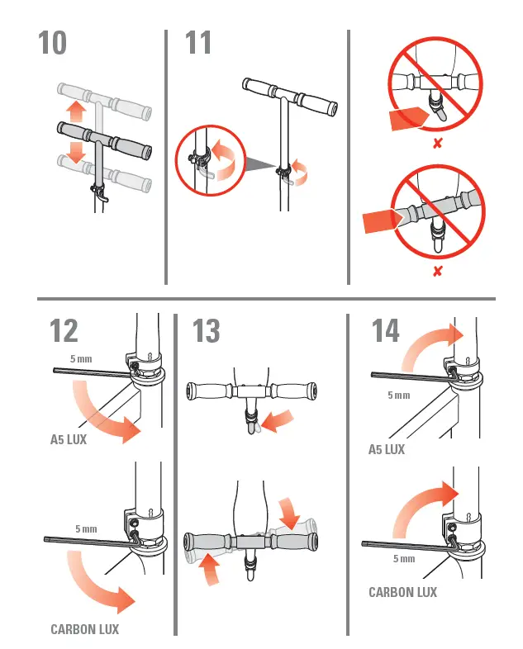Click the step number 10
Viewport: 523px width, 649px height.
pyautogui.click(x=53, y=44)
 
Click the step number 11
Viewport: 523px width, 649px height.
pyautogui.click(x=198, y=44)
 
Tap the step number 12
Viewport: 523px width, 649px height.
pyautogui.click(x=64, y=330)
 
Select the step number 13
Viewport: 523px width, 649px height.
pyautogui.click(x=207, y=331)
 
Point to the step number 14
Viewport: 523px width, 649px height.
pyautogui.click(x=386, y=330)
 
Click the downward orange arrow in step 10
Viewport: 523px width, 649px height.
pyautogui.click(x=76, y=151)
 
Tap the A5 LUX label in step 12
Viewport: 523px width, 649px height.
pyautogui.click(x=69, y=440)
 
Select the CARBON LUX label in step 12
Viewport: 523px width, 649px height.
pyautogui.click(x=84, y=629)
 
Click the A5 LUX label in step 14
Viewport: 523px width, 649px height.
pyautogui.click(x=387, y=450)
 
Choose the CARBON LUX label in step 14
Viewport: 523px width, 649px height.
pyautogui.click(x=402, y=592)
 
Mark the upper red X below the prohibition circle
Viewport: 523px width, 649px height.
pyautogui.click(x=437, y=143)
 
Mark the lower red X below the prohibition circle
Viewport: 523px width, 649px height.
pyautogui.click(x=437, y=271)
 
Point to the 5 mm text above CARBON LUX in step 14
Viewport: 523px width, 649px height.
pyautogui.click(x=404, y=559)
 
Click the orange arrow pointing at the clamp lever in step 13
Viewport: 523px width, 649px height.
pyautogui.click(x=278, y=418)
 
